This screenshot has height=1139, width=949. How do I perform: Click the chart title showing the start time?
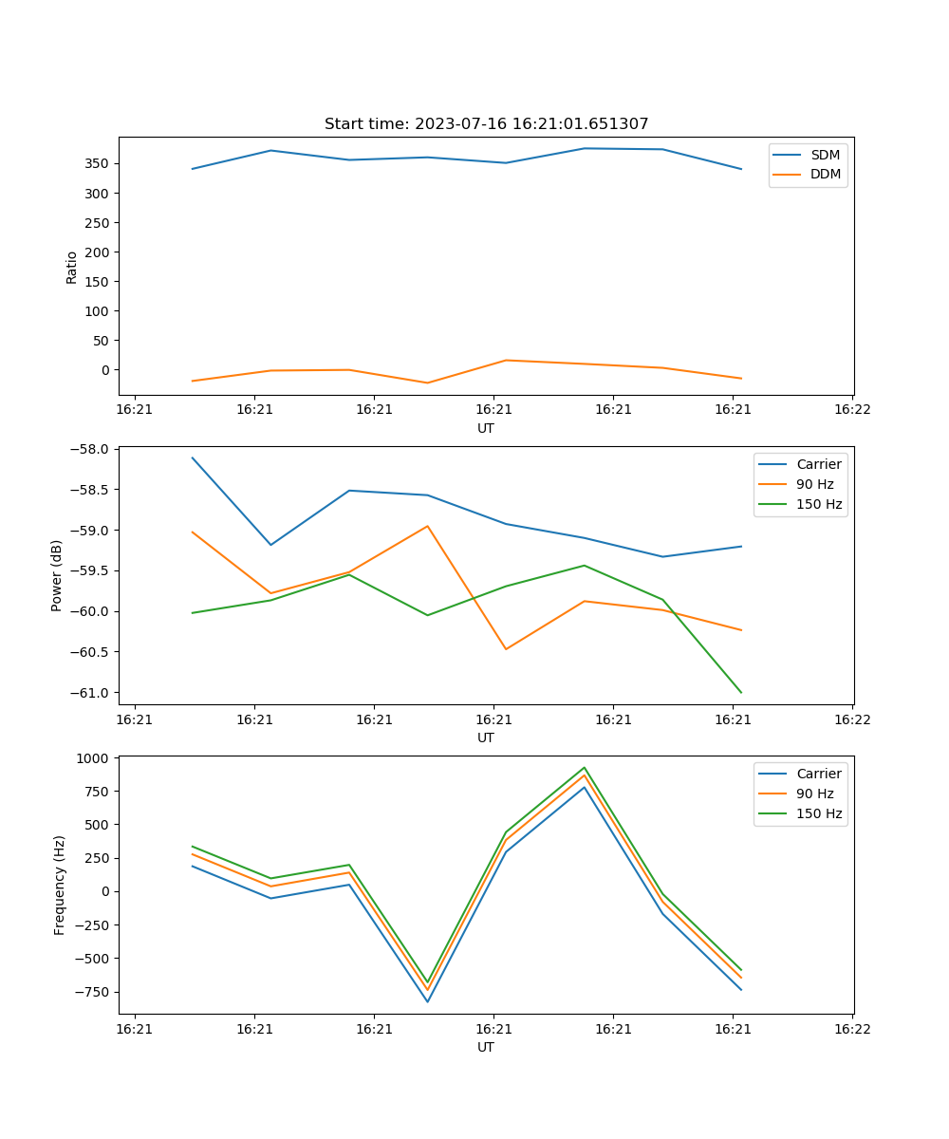pyautogui.click(x=486, y=124)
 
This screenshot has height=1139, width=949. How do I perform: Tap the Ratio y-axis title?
pyautogui.click(x=72, y=267)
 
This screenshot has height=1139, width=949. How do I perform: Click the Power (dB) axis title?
pyautogui.click(x=57, y=575)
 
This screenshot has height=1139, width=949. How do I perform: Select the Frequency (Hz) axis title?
pyautogui.click(x=60, y=885)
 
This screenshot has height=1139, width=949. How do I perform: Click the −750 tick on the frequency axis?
pyautogui.click(x=93, y=992)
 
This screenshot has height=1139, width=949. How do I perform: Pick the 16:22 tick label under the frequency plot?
pyautogui.click(x=852, y=1029)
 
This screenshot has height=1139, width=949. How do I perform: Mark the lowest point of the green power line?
pyautogui.click(x=741, y=693)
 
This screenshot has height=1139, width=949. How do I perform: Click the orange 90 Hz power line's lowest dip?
pyautogui.click(x=506, y=649)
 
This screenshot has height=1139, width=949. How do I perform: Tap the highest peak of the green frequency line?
pyautogui.click(x=585, y=768)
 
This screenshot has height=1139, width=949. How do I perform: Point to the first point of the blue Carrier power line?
pyautogui.click(x=193, y=457)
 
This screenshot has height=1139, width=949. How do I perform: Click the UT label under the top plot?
pyautogui.click(x=486, y=428)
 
